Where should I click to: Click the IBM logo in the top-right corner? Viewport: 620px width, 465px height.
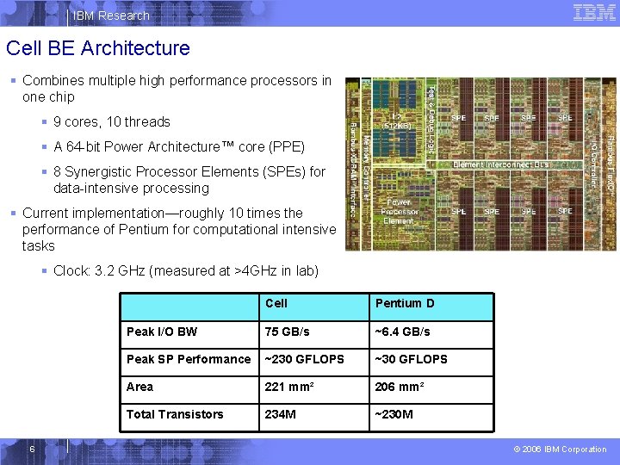tap(594, 13)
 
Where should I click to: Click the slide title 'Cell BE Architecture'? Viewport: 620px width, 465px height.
tap(97, 48)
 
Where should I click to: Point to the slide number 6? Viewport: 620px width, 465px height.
tap(31, 449)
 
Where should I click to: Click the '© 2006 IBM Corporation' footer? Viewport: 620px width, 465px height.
tap(561, 449)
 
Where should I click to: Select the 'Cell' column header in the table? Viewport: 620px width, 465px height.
tap(276, 303)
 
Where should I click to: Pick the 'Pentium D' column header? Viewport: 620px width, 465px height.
tap(405, 303)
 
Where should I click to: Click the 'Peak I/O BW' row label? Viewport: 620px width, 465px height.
tap(162, 332)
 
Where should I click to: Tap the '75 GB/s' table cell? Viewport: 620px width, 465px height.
tap(288, 332)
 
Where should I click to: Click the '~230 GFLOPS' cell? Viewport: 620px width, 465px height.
tap(304, 359)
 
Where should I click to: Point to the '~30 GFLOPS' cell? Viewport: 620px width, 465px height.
tap(411, 359)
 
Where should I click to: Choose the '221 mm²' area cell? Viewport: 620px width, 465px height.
tap(289, 387)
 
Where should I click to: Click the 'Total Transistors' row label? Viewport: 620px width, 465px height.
tap(175, 414)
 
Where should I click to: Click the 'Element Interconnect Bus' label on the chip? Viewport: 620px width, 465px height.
tap(500, 164)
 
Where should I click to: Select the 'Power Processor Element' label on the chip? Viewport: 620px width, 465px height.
tap(400, 211)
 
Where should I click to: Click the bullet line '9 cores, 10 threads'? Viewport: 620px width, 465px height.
tap(112, 122)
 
